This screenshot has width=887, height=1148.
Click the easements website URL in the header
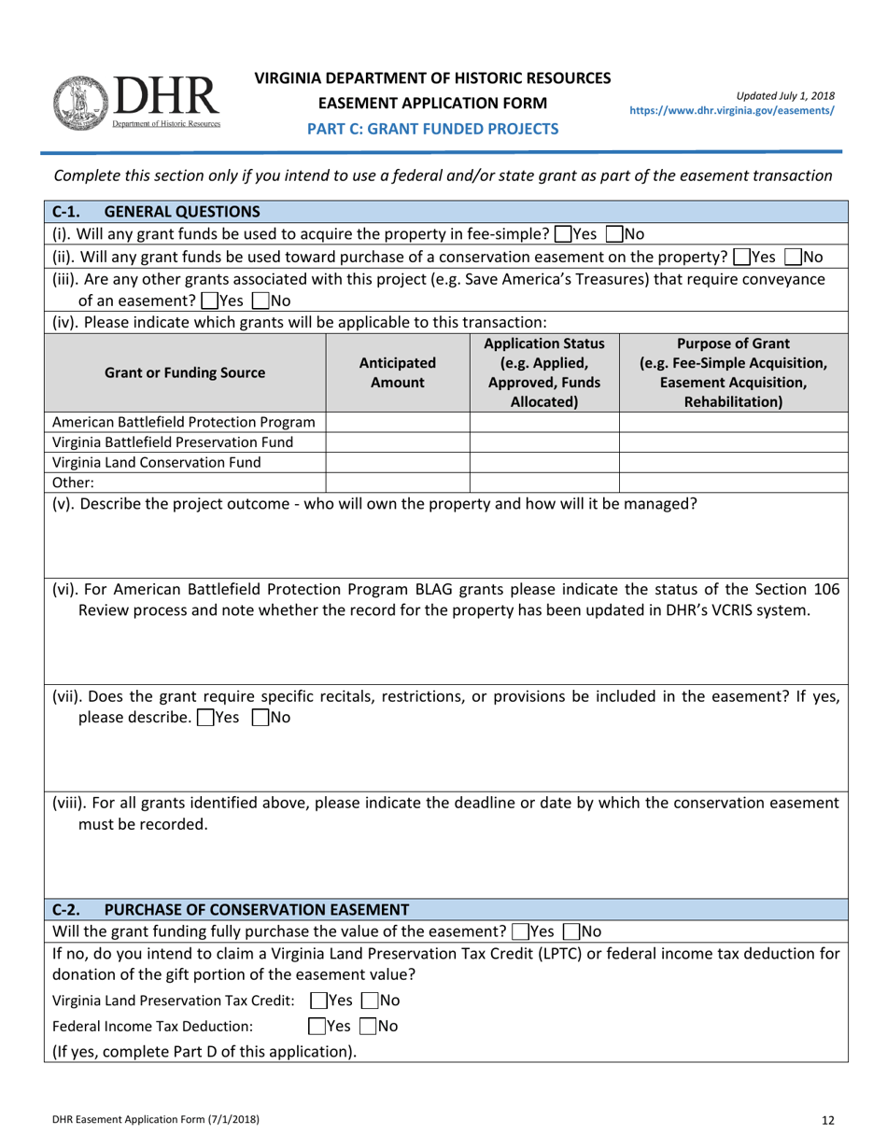(x=732, y=110)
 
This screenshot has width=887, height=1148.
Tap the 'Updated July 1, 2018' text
(x=785, y=95)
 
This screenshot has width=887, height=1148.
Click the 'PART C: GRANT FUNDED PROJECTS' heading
(x=433, y=129)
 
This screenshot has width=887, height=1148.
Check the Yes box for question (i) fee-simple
(x=562, y=234)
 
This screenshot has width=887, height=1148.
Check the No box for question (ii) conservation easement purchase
(x=794, y=257)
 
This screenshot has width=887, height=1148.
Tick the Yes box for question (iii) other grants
(x=210, y=301)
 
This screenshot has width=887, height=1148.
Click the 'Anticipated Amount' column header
(x=397, y=372)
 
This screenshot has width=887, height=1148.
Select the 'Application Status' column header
(x=544, y=372)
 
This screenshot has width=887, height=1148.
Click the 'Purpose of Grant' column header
(x=733, y=372)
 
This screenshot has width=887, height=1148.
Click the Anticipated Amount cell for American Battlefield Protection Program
(x=397, y=422)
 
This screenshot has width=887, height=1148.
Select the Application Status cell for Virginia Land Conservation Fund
(x=544, y=462)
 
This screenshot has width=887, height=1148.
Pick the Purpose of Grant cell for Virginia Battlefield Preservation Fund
(x=733, y=442)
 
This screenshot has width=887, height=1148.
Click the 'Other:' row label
(x=75, y=483)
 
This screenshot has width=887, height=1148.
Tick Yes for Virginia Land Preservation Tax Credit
(x=318, y=1001)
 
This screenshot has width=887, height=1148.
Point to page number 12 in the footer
(x=828, y=1119)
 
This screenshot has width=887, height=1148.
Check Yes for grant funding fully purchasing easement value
(x=518, y=931)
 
